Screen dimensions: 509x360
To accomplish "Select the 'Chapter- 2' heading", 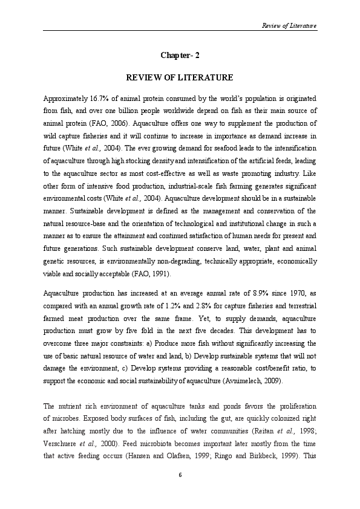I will (180, 56).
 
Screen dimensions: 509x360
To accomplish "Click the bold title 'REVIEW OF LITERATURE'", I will (180, 78).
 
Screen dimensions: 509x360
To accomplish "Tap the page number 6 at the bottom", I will (180, 475).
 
